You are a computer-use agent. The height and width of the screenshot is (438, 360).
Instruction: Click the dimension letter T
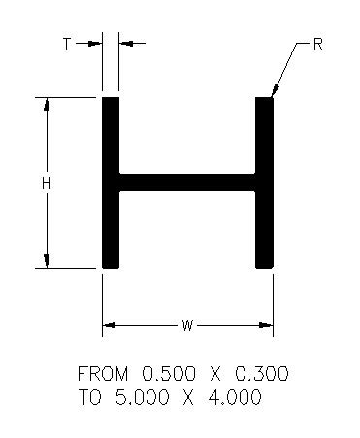pyautogui.click(x=67, y=44)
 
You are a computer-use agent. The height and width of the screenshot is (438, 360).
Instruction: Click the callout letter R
pyautogui.click(x=318, y=44)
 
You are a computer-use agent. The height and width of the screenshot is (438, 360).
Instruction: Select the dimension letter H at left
pyautogui.click(x=47, y=184)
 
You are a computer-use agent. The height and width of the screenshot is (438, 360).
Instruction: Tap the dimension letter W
pyautogui.click(x=187, y=325)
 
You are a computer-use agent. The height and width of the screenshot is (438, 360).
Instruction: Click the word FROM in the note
pyautogui.click(x=103, y=373)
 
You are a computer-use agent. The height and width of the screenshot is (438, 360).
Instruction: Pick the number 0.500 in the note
pyautogui.click(x=169, y=373)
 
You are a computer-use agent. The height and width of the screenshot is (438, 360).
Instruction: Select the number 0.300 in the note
pyautogui.click(x=261, y=373)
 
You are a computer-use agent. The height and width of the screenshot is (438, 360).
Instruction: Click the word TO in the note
pyautogui.click(x=89, y=397)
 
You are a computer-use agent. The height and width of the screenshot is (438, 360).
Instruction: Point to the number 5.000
pyautogui.click(x=142, y=397)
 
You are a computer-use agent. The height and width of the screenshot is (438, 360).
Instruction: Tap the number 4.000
pyautogui.click(x=235, y=397)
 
